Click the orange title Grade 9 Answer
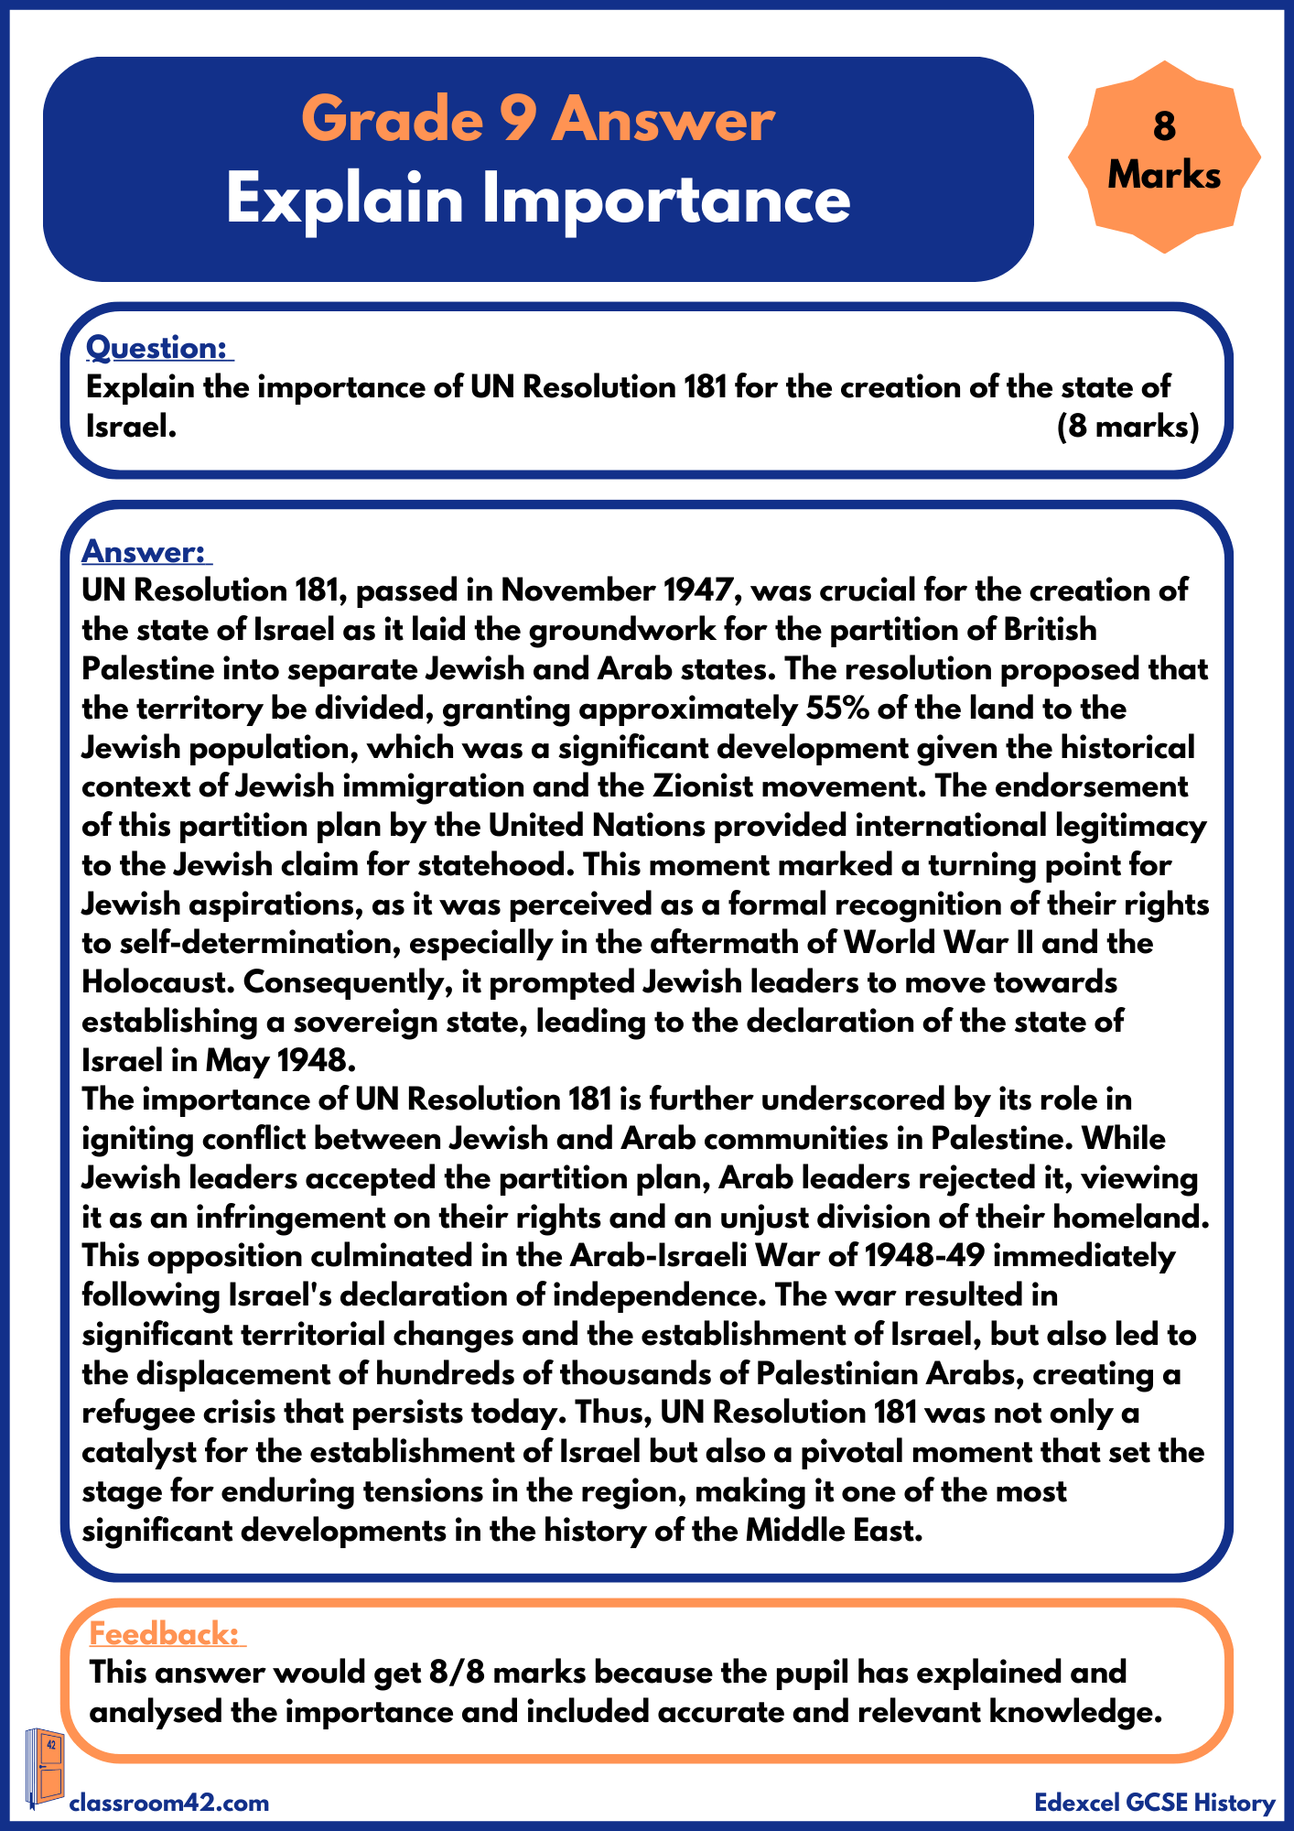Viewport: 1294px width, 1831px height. tap(538, 119)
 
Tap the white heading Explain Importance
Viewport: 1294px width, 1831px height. tap(538, 199)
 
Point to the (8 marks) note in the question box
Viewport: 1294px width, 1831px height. tap(1127, 427)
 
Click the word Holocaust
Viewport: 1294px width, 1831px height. tap(156, 982)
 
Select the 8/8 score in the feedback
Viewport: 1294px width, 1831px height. tap(457, 1673)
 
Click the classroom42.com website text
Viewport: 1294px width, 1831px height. tap(169, 1803)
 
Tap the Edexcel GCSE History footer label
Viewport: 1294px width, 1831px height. tap(1154, 1803)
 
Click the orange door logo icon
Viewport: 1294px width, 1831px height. tap(45, 1768)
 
